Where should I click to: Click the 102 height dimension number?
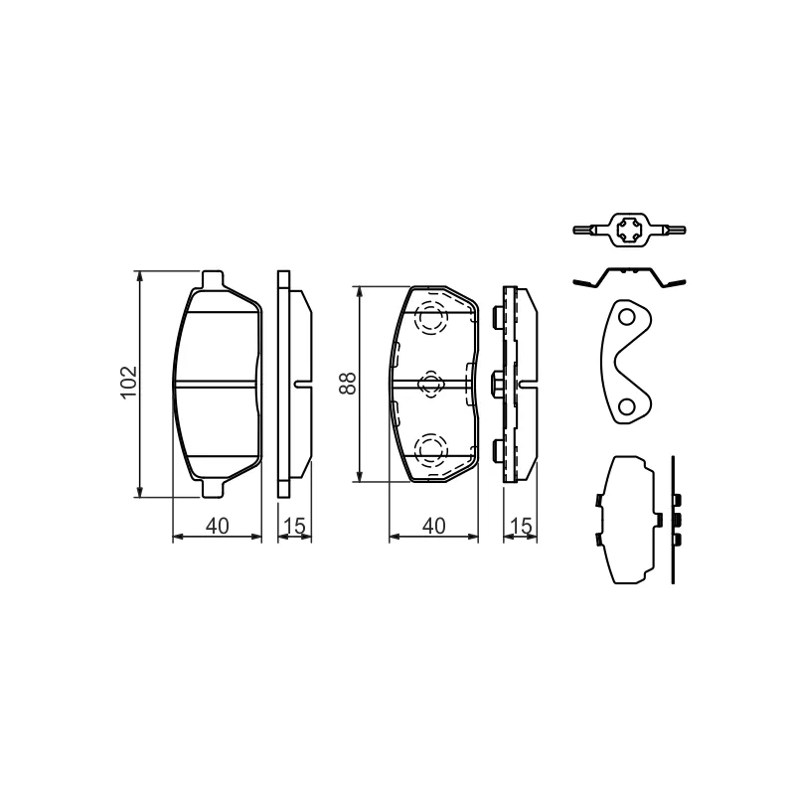click(129, 382)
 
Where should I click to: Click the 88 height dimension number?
click(349, 384)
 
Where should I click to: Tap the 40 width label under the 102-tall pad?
click(218, 526)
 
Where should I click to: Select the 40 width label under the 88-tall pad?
click(434, 526)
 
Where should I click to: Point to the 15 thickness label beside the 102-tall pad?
click(295, 526)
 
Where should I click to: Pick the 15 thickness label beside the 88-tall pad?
click(521, 526)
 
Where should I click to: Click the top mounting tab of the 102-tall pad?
click(213, 278)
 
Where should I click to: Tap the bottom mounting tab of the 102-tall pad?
click(213, 488)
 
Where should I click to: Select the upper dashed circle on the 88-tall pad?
click(431, 318)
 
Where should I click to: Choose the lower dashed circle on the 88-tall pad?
click(431, 450)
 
